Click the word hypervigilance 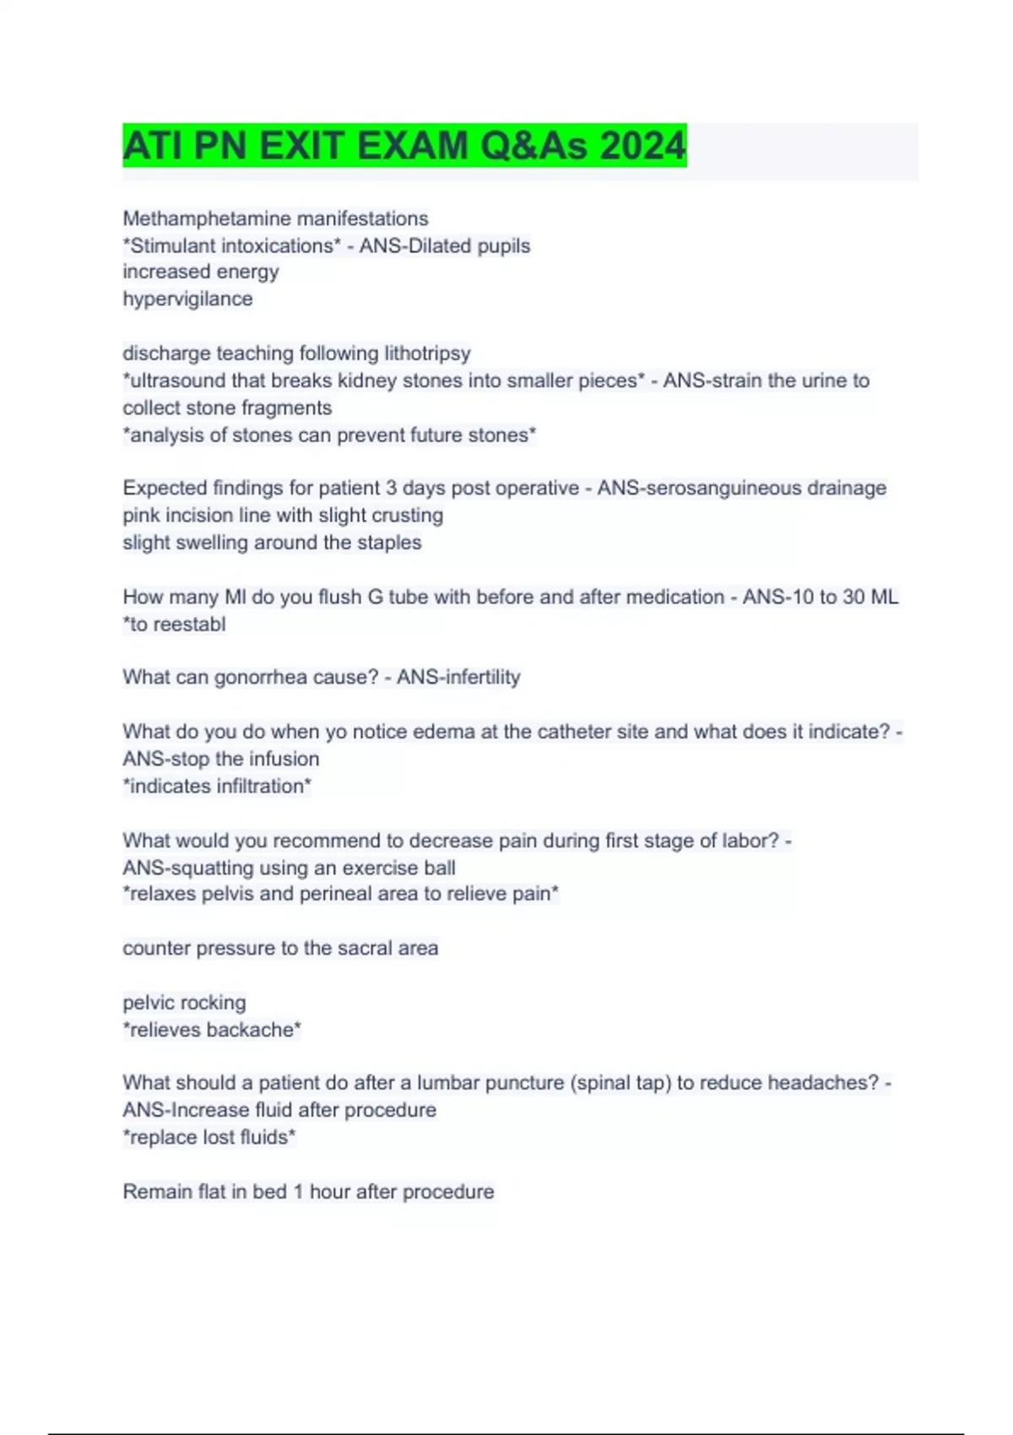pyautogui.click(x=187, y=299)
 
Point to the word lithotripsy pyautogui.click(x=427, y=353)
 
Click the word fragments pyautogui.click(x=288, y=408)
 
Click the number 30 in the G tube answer pyautogui.click(x=853, y=597)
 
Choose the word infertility pyautogui.click(x=477, y=677)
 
